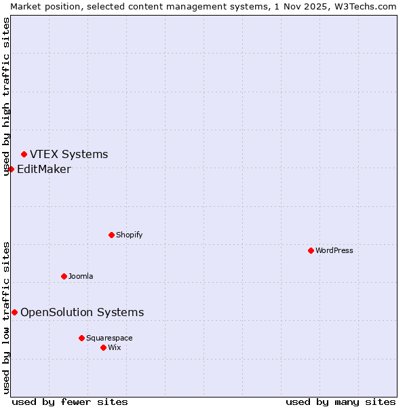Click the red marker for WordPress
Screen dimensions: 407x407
[x=311, y=250]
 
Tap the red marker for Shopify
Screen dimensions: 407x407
[x=111, y=235]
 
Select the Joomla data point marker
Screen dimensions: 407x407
[x=64, y=276]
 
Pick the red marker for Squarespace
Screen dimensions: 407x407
[x=81, y=338]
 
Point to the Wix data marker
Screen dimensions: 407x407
[x=103, y=347]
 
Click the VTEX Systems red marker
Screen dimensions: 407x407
[x=24, y=155]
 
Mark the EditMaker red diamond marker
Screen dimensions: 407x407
[x=11, y=169]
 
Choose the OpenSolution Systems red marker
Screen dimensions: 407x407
[x=14, y=312]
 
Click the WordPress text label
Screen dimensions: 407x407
[x=334, y=250]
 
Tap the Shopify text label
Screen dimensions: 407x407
[x=130, y=235]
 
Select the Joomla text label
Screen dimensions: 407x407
[x=81, y=276]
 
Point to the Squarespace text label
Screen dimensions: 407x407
[x=109, y=338]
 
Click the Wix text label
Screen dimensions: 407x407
[x=115, y=347]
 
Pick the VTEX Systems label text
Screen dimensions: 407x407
[x=69, y=155]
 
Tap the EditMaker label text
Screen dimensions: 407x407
[x=43, y=170]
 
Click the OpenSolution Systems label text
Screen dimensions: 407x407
[x=82, y=312]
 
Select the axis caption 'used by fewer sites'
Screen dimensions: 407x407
[x=70, y=402]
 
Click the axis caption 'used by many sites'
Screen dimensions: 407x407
[x=341, y=402]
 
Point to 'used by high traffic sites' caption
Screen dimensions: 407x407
[x=6, y=96]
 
